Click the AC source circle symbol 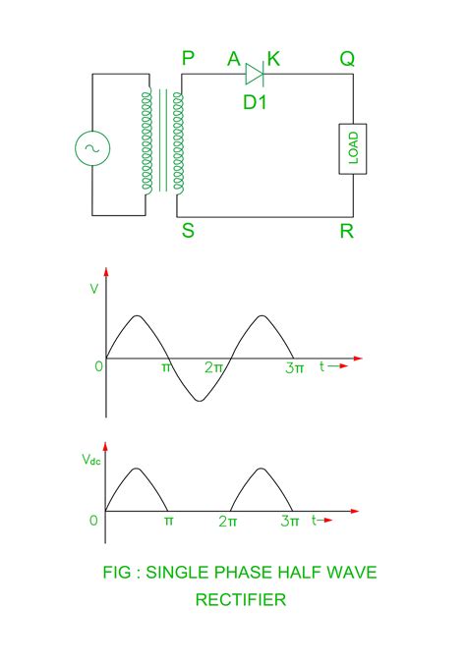(93, 147)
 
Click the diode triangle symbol (254, 73)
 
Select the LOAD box (353, 148)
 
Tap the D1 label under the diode (256, 98)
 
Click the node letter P (187, 60)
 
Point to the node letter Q (347, 60)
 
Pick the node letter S (187, 235)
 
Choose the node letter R (347, 235)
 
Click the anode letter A (234, 60)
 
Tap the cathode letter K (273, 60)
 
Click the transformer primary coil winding (147, 140)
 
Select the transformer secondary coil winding (178, 140)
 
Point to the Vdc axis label (90, 460)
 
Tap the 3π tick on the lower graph (289, 522)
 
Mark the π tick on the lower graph (168, 522)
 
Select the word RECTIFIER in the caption (240, 598)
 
